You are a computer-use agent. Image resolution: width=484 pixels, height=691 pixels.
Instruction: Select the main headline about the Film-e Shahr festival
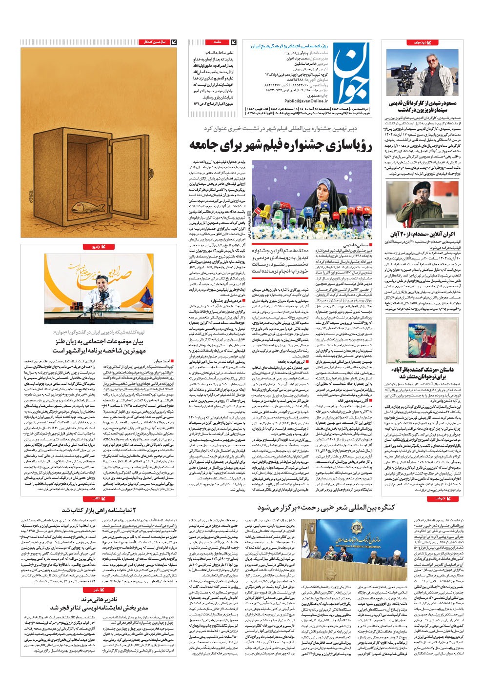[x=280, y=145]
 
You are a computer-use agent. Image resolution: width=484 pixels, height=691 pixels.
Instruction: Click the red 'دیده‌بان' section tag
[x=420, y=42]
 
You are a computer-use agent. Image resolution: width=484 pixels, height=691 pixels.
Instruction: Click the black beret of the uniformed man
[x=418, y=188]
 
